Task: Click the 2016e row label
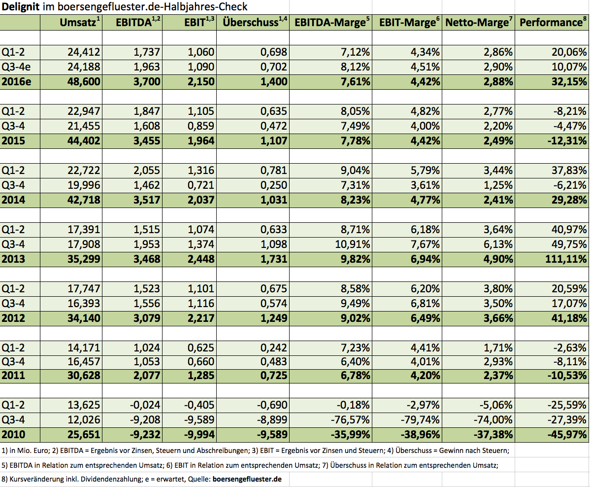(x=16, y=81)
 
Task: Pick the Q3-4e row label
(x=16, y=67)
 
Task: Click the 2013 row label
(x=13, y=259)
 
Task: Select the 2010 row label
(x=13, y=434)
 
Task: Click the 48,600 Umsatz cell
(x=84, y=81)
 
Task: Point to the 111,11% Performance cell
(x=566, y=259)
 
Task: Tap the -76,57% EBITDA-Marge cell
(x=351, y=419)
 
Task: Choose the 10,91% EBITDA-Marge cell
(x=353, y=244)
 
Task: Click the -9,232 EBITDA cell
(x=145, y=434)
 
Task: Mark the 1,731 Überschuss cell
(x=274, y=259)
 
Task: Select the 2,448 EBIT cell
(x=201, y=259)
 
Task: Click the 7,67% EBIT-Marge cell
(x=425, y=244)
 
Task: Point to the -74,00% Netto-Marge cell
(x=493, y=419)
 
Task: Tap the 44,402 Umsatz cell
(x=84, y=140)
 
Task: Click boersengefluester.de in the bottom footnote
(x=247, y=479)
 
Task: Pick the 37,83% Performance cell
(x=569, y=170)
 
